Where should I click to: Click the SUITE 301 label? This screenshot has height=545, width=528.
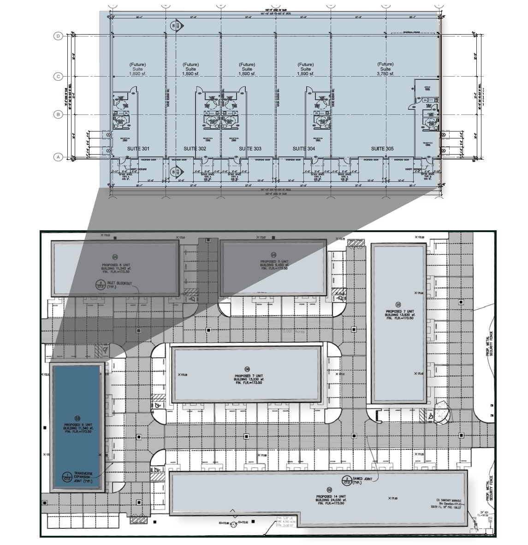pyautogui.click(x=138, y=149)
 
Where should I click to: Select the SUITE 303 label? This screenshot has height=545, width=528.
pyautogui.click(x=250, y=149)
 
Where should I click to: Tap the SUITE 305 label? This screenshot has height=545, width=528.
pyautogui.click(x=383, y=149)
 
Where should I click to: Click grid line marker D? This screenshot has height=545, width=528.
pyautogui.click(x=59, y=36)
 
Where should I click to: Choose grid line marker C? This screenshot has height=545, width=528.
pyautogui.click(x=59, y=77)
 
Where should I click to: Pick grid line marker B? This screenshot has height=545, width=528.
pyautogui.click(x=59, y=114)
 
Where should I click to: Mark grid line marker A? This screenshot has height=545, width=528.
pyautogui.click(x=59, y=157)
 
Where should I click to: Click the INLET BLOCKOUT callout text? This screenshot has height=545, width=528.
pyautogui.click(x=117, y=284)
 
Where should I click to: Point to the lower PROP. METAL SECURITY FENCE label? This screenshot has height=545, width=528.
pyautogui.click(x=490, y=488)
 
